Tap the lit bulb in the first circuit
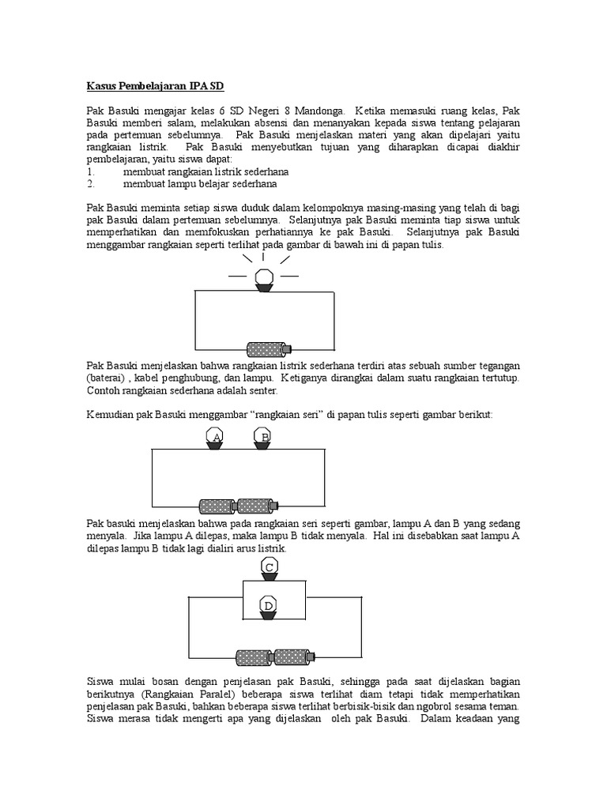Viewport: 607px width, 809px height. [263, 278]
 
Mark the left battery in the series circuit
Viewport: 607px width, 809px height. [217, 506]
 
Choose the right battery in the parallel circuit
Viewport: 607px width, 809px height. [292, 656]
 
